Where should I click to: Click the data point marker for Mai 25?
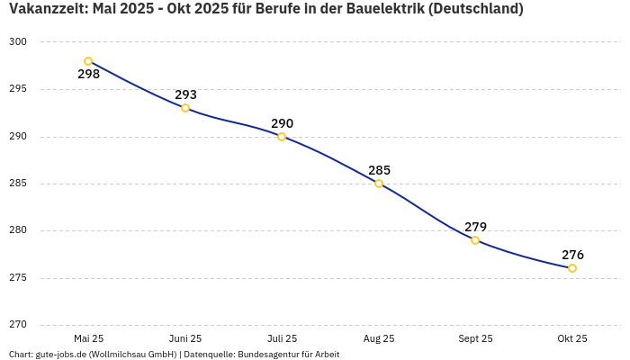point(88,61)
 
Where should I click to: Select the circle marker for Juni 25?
point(185,108)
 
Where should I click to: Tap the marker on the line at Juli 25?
point(282,137)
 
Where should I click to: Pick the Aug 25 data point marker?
point(379,184)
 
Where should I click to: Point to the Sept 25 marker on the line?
point(475,240)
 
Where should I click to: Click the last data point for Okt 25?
point(572,268)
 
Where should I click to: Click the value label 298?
point(88,75)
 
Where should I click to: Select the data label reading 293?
point(185,94)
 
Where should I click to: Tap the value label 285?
point(379,170)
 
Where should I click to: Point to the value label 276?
point(572,255)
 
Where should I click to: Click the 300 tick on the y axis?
point(19,42)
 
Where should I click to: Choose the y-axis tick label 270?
point(19,325)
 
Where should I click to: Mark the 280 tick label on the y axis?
point(19,230)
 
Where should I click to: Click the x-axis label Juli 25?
point(282,339)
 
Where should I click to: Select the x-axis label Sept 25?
point(475,339)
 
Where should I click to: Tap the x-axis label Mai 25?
point(88,339)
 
